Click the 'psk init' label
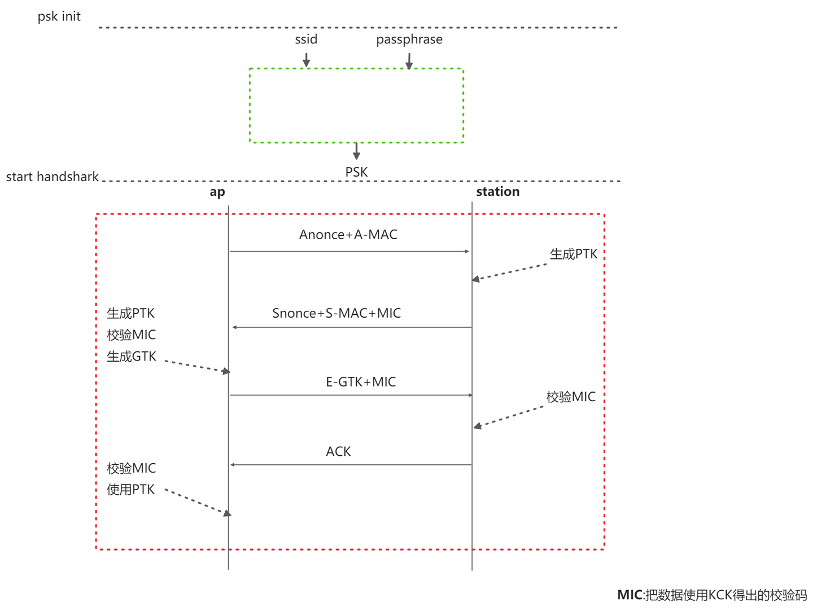pos(59,16)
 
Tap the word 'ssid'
pos(306,39)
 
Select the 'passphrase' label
pos(409,39)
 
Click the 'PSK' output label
pos(356,172)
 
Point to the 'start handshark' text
pos(52,177)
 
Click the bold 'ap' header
pos(217,192)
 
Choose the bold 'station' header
pos(497,192)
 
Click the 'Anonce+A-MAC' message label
pos(348,235)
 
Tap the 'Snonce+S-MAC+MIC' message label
pos(336,313)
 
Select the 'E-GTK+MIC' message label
pos(361,382)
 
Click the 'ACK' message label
pos(338,451)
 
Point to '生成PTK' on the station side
pos(573,254)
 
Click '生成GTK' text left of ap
pos(131,357)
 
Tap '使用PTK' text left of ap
pos(130,490)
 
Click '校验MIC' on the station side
pos(570,397)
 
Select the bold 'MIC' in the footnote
pos(630,595)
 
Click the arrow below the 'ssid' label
pos(306,60)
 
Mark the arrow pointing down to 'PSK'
pos(356,151)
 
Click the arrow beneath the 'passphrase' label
pos(409,61)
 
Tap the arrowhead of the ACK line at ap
pos(233,465)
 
